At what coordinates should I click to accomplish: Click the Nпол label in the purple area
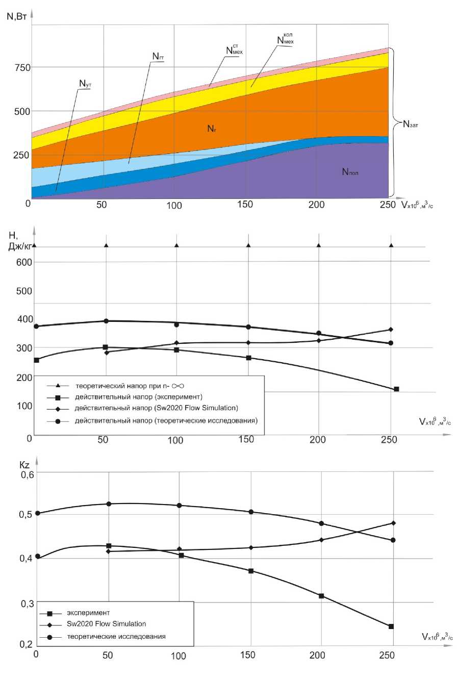[350, 173]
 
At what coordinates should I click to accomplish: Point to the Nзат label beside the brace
[413, 123]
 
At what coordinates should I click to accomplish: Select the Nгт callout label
[158, 57]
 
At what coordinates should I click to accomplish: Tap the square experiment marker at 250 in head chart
[396, 389]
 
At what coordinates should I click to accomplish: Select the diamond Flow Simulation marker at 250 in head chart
[391, 330]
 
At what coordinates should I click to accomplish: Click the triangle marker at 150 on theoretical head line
[248, 245]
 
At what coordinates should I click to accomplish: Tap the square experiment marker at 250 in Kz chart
[391, 626]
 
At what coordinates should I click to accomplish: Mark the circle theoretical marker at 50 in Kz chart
[109, 504]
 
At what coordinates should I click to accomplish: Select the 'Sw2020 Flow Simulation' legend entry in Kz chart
[106, 623]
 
